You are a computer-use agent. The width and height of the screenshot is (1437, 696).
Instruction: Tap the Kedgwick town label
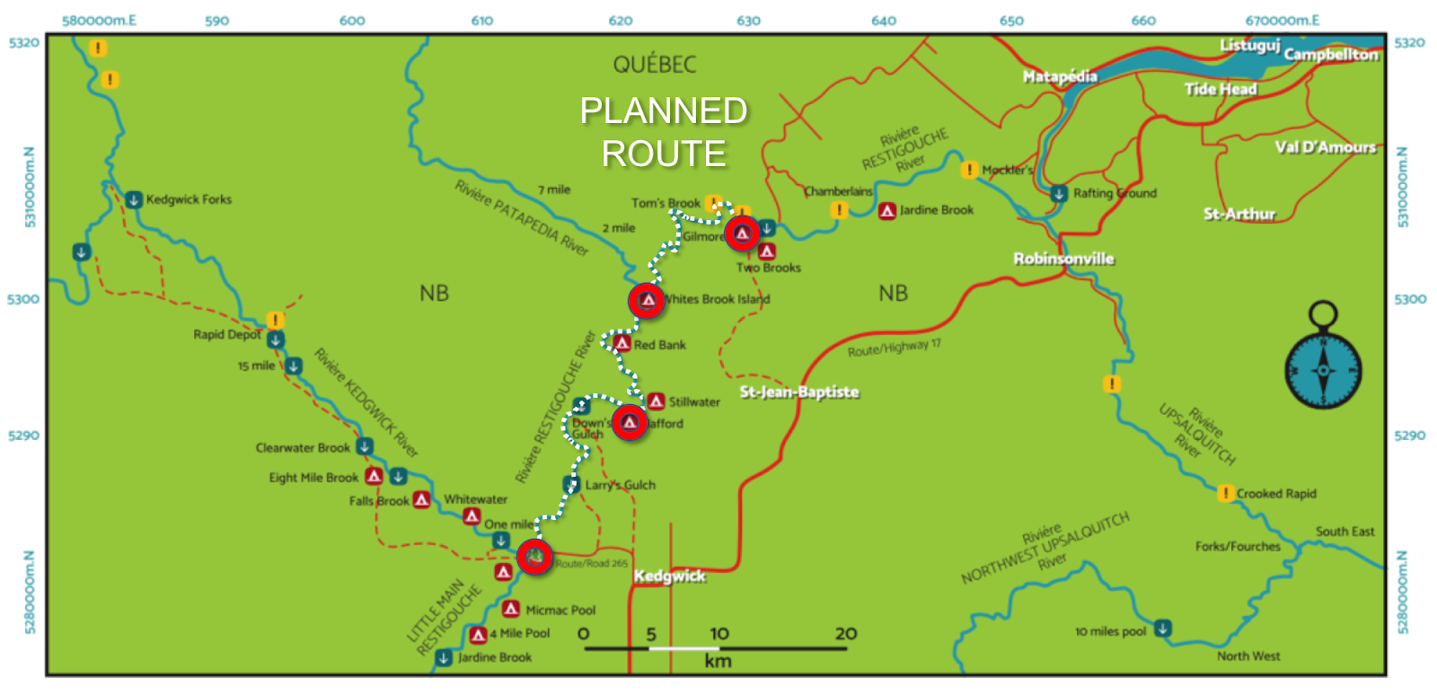(670, 576)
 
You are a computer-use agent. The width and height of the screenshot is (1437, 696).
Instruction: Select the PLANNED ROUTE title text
(664, 132)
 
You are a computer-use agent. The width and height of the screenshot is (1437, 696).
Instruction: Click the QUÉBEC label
(655, 65)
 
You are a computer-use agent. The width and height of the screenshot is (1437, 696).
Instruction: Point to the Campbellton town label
(1330, 55)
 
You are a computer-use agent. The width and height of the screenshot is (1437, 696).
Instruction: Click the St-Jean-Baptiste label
(798, 392)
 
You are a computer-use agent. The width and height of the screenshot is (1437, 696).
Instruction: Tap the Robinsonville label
(1063, 259)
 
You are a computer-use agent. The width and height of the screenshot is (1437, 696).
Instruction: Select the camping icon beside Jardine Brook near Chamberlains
(887, 210)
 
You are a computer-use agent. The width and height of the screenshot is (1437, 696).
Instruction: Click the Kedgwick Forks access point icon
(134, 199)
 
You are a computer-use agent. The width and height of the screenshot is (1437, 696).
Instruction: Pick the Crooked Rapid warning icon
(1225, 493)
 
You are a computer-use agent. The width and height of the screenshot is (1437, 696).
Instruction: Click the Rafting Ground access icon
(1059, 193)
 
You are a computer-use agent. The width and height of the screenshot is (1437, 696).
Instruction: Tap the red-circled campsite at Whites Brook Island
(647, 301)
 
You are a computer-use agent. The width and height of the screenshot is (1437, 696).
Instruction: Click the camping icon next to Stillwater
(657, 401)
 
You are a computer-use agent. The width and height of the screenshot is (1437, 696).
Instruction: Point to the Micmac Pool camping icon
(511, 609)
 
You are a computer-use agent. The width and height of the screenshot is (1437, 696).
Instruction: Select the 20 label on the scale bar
(845, 634)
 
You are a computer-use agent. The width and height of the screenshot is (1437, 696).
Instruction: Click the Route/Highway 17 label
(894, 348)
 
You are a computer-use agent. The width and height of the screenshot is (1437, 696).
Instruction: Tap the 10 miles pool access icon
(1162, 629)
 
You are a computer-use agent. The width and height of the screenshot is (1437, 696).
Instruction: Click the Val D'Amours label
(1325, 147)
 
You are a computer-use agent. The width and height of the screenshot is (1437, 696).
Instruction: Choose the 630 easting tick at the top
(748, 21)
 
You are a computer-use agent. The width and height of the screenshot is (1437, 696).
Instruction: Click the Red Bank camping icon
(622, 344)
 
